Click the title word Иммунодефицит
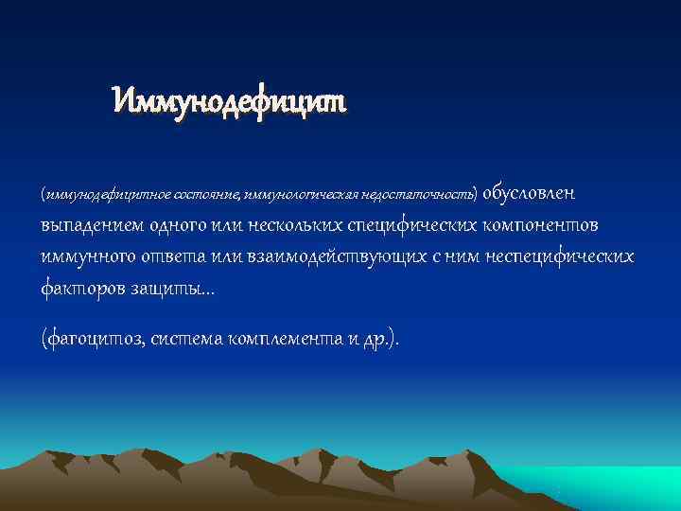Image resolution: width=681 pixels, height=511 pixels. click(x=229, y=97)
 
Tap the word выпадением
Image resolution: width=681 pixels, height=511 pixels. click(x=90, y=227)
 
